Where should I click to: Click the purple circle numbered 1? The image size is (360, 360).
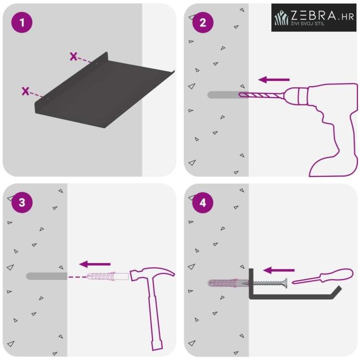click(x=22, y=22)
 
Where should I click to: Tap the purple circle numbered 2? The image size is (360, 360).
click(x=203, y=22)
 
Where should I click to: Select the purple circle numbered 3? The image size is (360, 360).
click(x=22, y=202)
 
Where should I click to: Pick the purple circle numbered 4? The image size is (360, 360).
click(x=203, y=203)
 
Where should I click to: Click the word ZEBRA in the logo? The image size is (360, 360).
click(x=313, y=16)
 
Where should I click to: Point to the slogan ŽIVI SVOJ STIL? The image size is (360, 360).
click(x=308, y=23)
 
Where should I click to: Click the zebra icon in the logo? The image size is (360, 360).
click(x=281, y=17)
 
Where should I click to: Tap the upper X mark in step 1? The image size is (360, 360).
click(x=74, y=56)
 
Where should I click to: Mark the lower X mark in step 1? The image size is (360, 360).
click(x=26, y=91)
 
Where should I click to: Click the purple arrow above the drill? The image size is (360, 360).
click(x=274, y=80)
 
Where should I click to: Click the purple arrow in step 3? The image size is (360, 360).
click(x=95, y=264)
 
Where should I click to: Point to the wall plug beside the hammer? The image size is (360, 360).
click(x=108, y=276)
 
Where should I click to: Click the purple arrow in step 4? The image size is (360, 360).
click(x=279, y=270)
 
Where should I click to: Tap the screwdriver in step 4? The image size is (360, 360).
click(x=322, y=276)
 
